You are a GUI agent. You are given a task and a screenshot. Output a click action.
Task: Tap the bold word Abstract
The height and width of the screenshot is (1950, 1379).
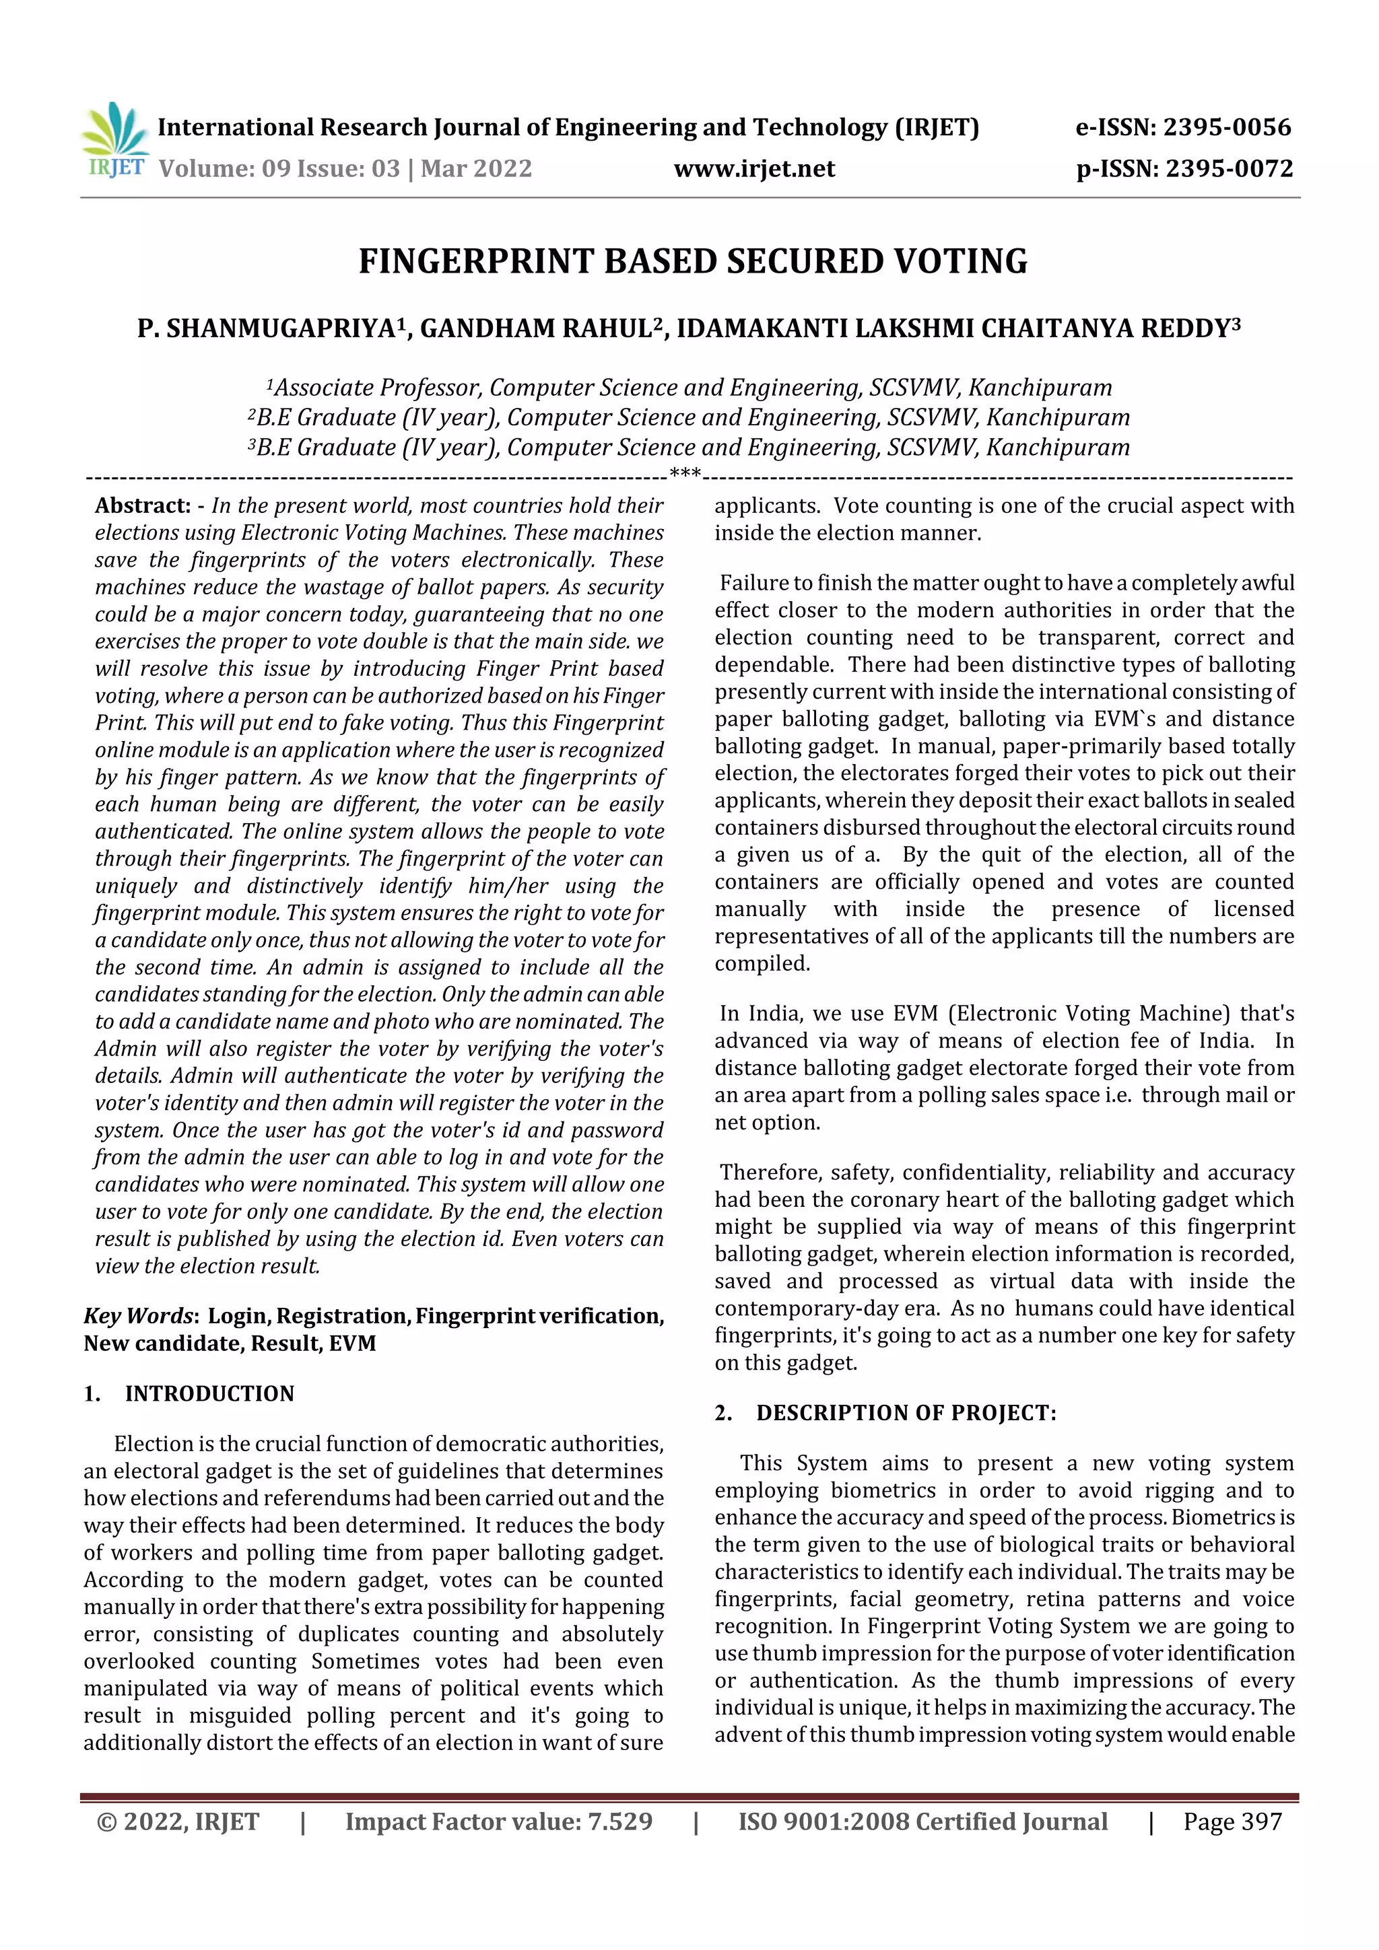coord(143,506)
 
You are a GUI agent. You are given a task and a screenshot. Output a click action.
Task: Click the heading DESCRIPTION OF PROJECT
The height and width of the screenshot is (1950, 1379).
coord(906,1414)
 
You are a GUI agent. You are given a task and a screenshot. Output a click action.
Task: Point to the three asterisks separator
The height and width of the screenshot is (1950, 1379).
coord(685,473)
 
